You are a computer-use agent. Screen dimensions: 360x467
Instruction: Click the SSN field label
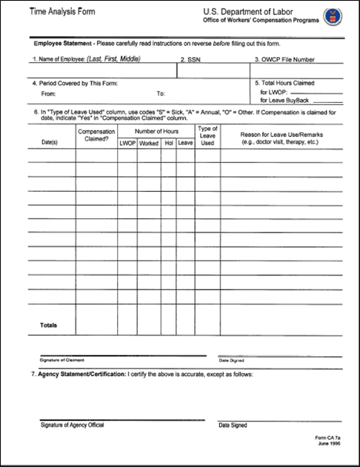191,59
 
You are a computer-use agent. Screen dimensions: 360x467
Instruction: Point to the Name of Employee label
86,59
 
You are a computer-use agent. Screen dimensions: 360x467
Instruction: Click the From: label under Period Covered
49,94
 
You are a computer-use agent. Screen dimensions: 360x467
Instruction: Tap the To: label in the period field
161,94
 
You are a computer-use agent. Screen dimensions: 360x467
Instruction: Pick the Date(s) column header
50,141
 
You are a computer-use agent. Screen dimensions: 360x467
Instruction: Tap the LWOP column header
127,143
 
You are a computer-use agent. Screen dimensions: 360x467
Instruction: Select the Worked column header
149,143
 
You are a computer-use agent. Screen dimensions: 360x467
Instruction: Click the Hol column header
168,143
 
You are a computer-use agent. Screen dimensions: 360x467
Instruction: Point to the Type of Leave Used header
208,135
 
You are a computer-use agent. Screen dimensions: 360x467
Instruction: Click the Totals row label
47,325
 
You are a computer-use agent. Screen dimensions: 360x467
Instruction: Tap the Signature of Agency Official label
72,425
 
